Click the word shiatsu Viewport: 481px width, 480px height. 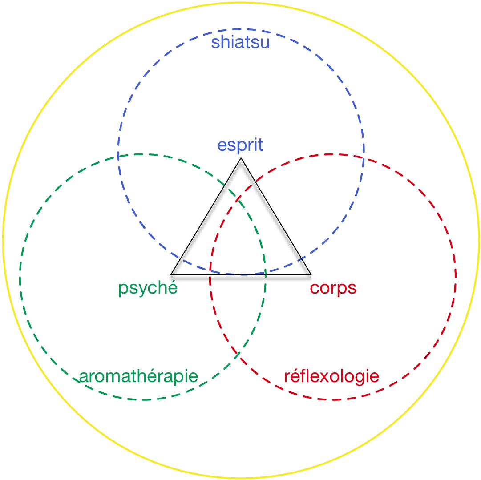tap(240, 43)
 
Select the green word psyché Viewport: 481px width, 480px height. tap(148, 288)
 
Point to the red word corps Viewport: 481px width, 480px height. tap(333, 288)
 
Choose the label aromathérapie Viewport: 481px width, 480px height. tap(138, 377)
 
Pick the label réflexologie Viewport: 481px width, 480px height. tap(331, 377)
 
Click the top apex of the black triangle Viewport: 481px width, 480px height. tap(241, 163)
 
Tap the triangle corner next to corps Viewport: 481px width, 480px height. tap(308, 277)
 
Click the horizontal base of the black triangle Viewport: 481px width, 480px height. tap(241, 278)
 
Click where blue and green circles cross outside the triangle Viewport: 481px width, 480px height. tap(118, 157)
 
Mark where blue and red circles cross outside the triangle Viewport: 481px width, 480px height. tap(363, 157)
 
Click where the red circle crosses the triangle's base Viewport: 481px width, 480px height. tap(210, 278)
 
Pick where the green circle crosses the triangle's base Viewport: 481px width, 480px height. tap(265, 278)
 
